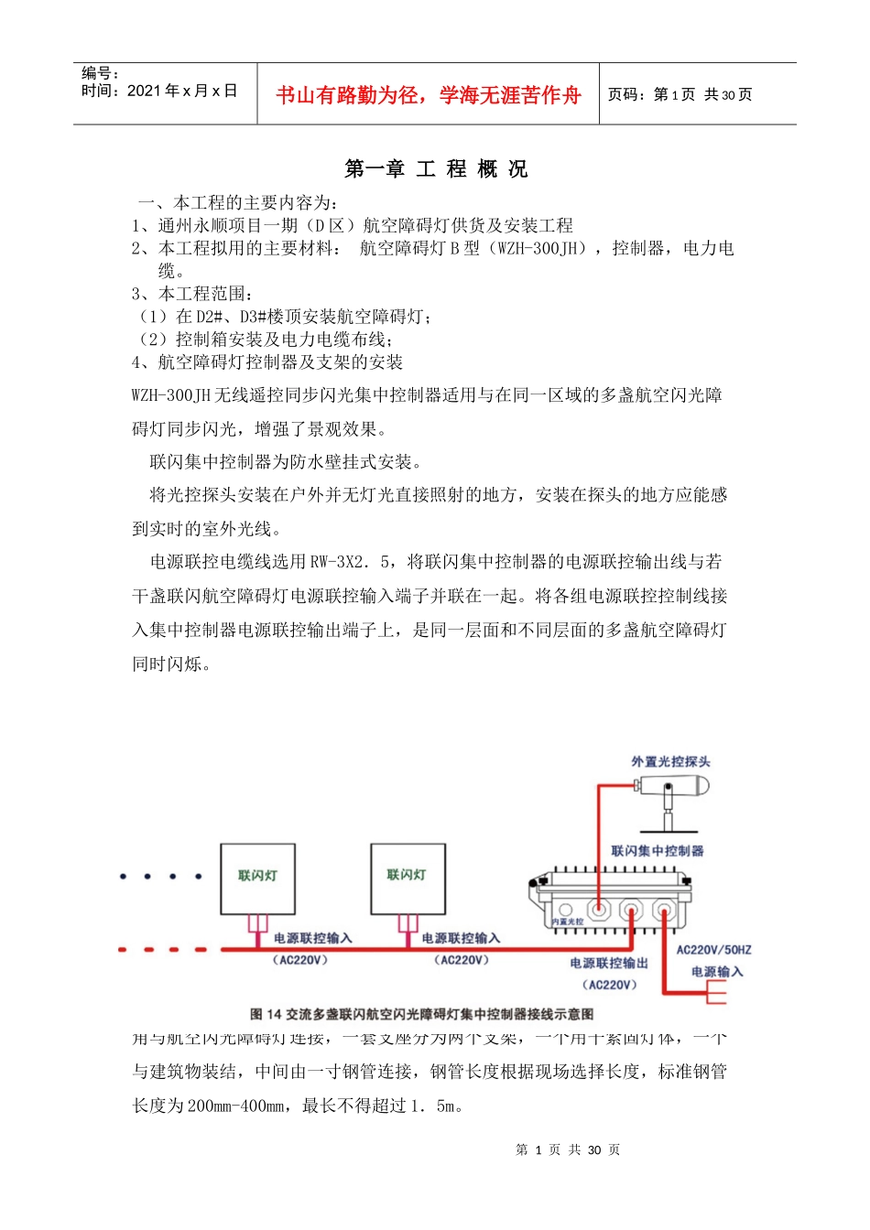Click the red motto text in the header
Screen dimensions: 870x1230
428,95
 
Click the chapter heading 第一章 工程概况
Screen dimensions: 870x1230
436,169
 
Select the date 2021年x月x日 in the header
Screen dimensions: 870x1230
181,91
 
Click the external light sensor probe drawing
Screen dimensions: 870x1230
674,792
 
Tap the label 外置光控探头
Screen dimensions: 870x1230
669,761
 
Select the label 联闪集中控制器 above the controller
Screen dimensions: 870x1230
657,851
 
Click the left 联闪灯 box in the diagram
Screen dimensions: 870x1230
257,879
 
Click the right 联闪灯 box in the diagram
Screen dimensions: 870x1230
408,878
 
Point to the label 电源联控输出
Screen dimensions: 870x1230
608,963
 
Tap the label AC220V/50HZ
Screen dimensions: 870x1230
713,950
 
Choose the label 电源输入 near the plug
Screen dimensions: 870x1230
717,972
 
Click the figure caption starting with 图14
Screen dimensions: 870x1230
421,1014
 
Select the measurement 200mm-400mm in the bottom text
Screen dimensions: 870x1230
236,1106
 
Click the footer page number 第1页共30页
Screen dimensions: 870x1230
568,1150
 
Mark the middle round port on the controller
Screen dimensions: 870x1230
632,912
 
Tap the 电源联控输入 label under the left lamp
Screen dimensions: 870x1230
312,938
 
